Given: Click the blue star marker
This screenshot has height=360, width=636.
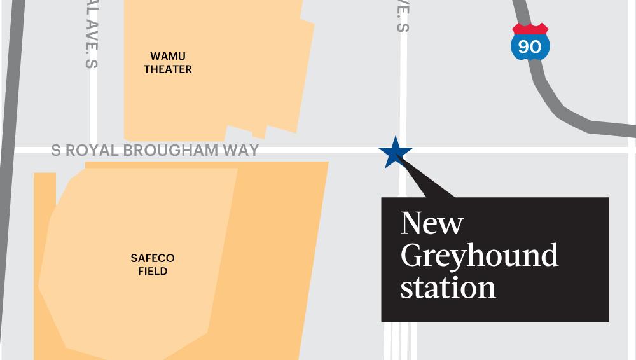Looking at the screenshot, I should [x=395, y=153].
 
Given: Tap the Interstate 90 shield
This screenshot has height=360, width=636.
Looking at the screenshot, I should [x=530, y=42].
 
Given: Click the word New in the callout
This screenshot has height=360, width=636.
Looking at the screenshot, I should [x=432, y=223].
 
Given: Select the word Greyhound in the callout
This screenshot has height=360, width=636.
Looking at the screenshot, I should [x=480, y=256].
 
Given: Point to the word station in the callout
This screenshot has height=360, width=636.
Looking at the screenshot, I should [x=448, y=287].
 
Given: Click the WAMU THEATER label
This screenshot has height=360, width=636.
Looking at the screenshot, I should [x=168, y=62].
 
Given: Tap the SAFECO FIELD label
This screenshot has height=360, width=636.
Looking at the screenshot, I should [x=153, y=265].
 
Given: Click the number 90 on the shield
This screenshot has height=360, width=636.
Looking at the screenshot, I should [x=530, y=46].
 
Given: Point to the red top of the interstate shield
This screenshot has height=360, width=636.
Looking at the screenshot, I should [x=530, y=29].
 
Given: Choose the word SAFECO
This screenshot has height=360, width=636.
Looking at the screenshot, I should [x=153, y=258].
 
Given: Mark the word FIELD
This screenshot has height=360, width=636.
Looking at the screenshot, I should [x=153, y=272].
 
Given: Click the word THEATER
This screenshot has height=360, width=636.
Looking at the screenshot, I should [x=168, y=69].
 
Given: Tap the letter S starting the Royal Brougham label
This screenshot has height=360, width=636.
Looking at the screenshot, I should [x=56, y=151].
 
